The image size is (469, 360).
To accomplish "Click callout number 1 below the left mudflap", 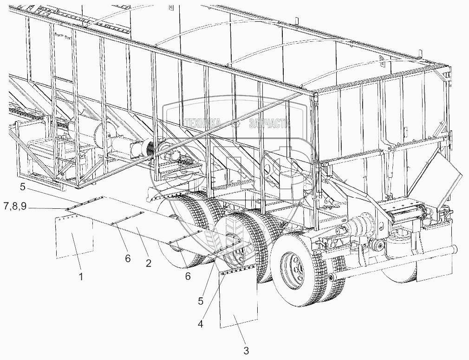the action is point(81,277).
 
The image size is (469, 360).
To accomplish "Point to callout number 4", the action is point(201,324).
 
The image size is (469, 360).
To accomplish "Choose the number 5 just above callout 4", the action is point(201,301).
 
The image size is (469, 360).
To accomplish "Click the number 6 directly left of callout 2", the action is point(128,258).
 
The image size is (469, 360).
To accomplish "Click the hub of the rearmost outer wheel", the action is point(291,266).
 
